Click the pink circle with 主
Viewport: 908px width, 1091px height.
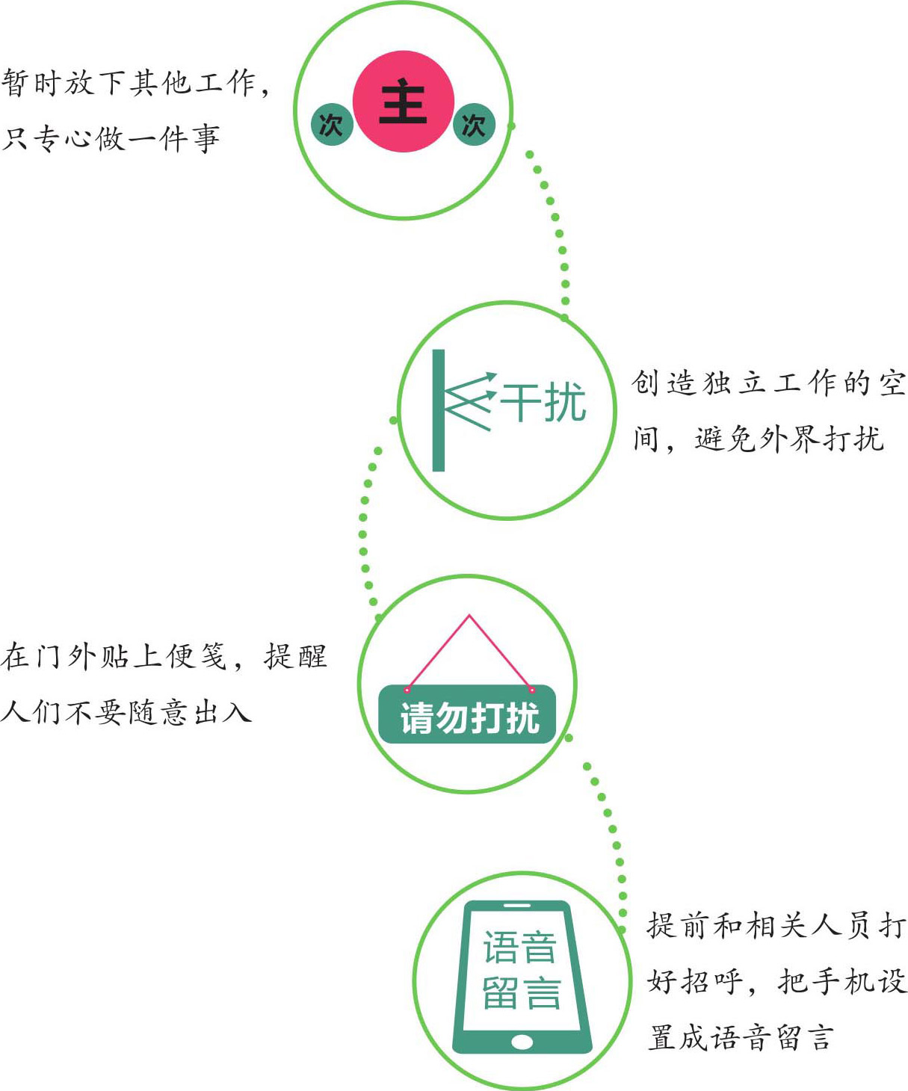[x=403, y=102]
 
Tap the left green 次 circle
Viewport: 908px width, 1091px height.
[x=332, y=125]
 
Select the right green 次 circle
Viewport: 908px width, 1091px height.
[x=474, y=125]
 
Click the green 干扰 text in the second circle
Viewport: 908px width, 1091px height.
[x=543, y=402]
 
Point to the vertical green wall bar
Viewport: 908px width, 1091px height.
[x=438, y=410]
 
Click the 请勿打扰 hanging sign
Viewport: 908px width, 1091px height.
[x=467, y=714]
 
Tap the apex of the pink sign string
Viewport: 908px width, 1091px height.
[x=469, y=615]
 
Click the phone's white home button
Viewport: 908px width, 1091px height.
[x=522, y=1042]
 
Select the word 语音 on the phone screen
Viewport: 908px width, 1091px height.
[x=519, y=946]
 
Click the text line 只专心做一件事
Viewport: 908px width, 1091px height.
[x=111, y=138]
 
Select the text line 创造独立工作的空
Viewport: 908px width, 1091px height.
[x=768, y=383]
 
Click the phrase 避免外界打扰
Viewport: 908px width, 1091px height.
[x=789, y=438]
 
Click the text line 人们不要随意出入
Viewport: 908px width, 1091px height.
[x=126, y=711]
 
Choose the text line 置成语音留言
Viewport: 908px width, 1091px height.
[x=740, y=1036]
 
